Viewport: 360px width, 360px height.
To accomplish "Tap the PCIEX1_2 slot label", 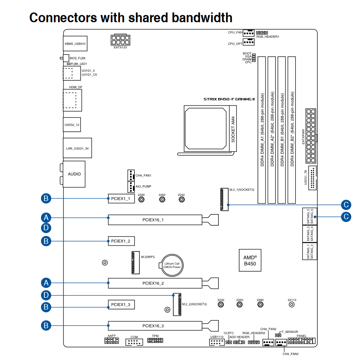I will [121, 241].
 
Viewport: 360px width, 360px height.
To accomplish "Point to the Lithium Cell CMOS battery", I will [172, 265].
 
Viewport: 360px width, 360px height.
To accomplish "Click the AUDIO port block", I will [74, 174].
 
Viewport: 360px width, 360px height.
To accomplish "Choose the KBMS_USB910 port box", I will [75, 44].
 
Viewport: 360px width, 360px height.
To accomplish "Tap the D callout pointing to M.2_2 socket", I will [47, 295].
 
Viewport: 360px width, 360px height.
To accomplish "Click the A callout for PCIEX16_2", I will [47, 282].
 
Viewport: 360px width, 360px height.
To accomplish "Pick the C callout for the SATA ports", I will [346, 217].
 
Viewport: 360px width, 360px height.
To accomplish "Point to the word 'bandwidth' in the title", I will [191, 17].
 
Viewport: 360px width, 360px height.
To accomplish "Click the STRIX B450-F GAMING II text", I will [229, 99].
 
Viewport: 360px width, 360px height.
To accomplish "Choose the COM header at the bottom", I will [134, 342].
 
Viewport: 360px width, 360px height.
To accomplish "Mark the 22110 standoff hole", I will [292, 305].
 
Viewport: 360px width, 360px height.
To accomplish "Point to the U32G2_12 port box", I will [72, 125].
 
